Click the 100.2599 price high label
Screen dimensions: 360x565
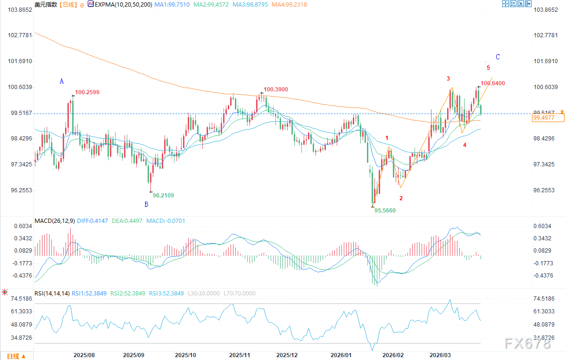87,92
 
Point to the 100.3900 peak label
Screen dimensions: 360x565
276,89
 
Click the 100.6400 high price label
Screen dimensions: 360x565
493,83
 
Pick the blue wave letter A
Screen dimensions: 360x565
61,81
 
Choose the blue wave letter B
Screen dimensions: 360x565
146,204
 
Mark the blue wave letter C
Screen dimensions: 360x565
498,57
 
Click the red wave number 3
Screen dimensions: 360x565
448,78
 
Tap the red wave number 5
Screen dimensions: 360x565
488,68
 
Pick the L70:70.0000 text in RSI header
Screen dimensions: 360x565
239,293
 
